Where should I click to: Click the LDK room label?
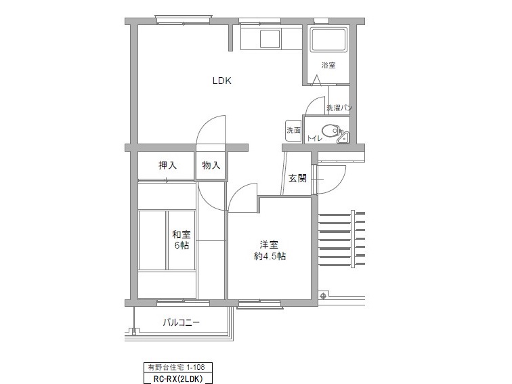(x=222, y=81)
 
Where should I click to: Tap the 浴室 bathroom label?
(x=328, y=65)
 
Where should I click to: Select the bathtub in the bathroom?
(x=328, y=40)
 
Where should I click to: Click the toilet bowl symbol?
(x=330, y=131)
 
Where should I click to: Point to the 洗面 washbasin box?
(x=293, y=130)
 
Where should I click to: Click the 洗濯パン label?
(x=339, y=108)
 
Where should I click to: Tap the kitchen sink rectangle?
(x=270, y=39)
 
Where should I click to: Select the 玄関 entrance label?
(x=297, y=178)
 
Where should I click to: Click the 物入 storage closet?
(x=211, y=165)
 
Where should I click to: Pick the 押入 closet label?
(x=167, y=165)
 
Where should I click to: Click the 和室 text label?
(x=182, y=234)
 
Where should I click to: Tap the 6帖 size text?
(x=182, y=245)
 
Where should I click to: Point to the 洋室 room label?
(x=269, y=244)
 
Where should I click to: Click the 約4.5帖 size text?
(x=270, y=256)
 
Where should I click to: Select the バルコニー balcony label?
(x=182, y=322)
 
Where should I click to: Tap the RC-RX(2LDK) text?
(x=178, y=379)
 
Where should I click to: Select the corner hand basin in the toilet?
(x=343, y=137)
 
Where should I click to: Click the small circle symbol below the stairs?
(x=323, y=296)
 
